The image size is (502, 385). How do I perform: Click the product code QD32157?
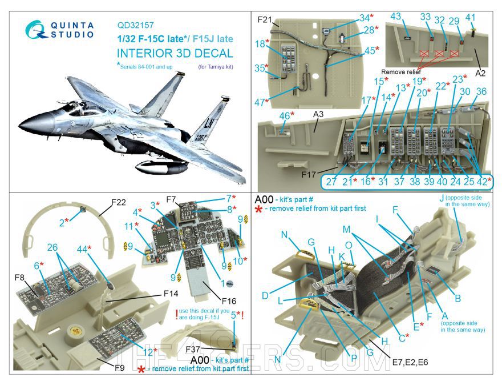(x=136, y=25)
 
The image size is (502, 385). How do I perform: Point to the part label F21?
(x=264, y=20)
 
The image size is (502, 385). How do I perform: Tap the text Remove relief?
(x=400, y=73)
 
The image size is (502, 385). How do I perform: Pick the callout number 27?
(x=331, y=182)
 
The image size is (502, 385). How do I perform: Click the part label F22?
(x=119, y=202)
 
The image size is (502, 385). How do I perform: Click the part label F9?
(x=119, y=368)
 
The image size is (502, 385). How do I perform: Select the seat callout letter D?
(x=265, y=295)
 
